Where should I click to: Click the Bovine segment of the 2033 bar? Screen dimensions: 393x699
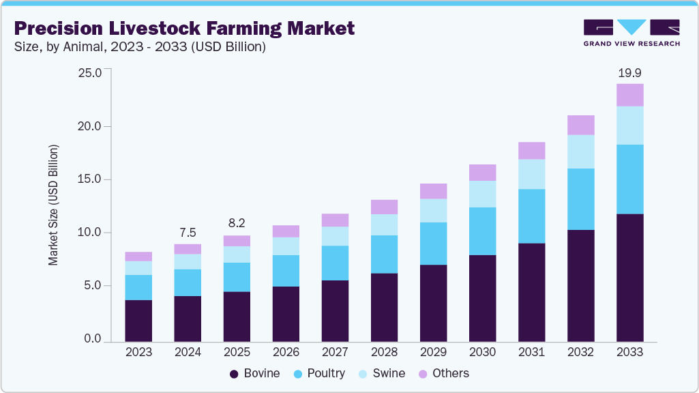click(x=629, y=277)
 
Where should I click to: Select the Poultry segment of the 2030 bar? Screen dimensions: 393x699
click(x=482, y=231)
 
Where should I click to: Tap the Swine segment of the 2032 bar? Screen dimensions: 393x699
click(x=580, y=151)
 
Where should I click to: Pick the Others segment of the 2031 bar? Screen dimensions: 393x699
click(x=531, y=150)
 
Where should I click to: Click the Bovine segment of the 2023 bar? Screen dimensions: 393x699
click(x=138, y=320)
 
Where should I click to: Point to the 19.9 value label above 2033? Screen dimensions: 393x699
click(x=629, y=72)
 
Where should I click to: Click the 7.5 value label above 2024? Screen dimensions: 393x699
click(x=188, y=233)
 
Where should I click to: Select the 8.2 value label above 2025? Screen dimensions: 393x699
click(x=237, y=224)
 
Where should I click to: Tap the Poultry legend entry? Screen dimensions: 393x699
click(x=319, y=373)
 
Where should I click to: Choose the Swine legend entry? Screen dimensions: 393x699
click(x=382, y=373)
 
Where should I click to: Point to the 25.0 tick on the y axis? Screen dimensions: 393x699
click(x=90, y=73)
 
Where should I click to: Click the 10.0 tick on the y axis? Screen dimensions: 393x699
click(x=90, y=233)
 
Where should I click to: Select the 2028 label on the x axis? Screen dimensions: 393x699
click(x=384, y=353)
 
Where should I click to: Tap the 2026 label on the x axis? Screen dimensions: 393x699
click(x=286, y=353)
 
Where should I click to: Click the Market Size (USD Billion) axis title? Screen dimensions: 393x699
click(x=53, y=205)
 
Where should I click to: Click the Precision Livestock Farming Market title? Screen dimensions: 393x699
click(x=184, y=29)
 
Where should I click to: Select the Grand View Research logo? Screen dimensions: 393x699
click(x=631, y=32)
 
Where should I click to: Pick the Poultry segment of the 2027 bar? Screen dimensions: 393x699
click(x=335, y=263)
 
